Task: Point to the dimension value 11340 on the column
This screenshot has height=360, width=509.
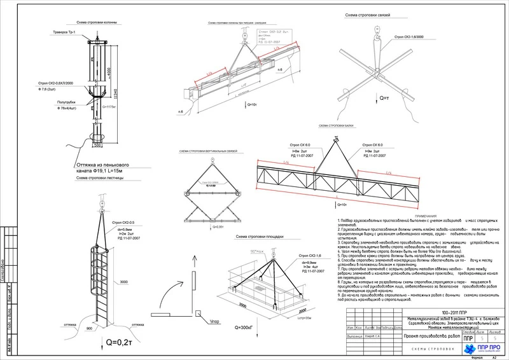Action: (115, 95)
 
